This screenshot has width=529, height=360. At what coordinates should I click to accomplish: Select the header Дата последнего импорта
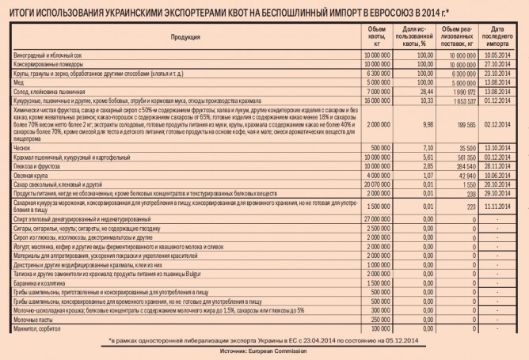point(502,37)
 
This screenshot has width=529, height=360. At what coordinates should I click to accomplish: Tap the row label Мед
point(20,82)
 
